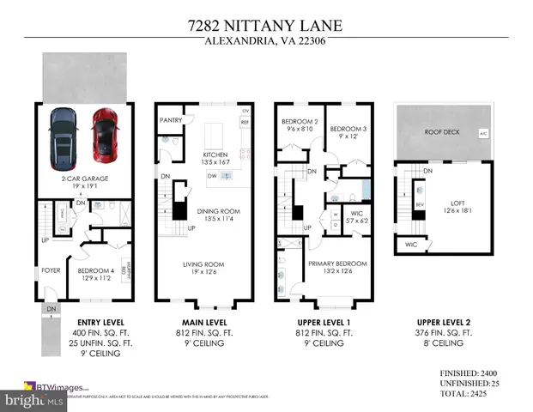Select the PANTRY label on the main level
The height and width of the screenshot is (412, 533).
[171, 120]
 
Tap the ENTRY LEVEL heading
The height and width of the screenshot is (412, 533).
[83, 322]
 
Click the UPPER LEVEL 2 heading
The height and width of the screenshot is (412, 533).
[442, 322]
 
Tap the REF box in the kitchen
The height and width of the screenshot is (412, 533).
[245, 123]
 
